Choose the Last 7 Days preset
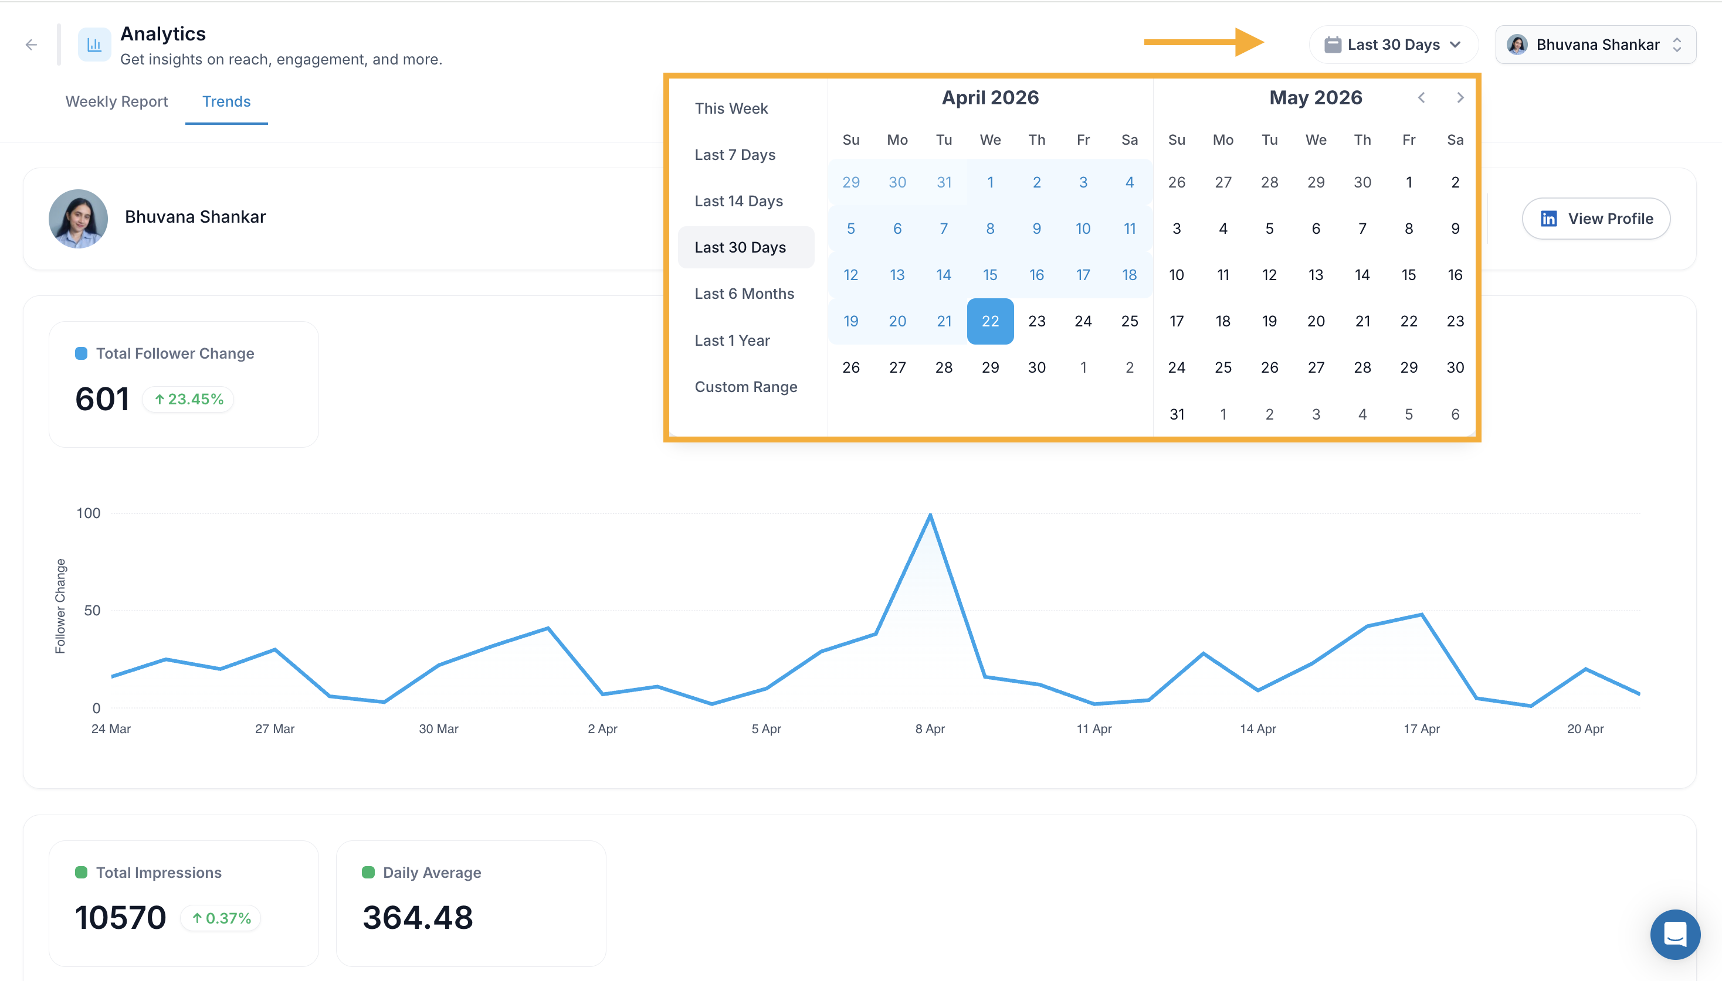click(735, 154)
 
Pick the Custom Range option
click(745, 387)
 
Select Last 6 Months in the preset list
click(744, 294)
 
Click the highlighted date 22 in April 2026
click(990, 321)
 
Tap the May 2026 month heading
click(1316, 98)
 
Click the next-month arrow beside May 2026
click(1460, 98)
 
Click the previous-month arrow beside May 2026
click(1421, 98)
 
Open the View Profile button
click(1596, 219)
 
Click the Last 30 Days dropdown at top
click(1393, 45)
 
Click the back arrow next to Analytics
click(31, 45)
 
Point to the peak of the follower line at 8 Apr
click(930, 514)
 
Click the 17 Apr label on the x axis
click(1421, 728)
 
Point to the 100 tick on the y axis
click(89, 513)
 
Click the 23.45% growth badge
click(188, 399)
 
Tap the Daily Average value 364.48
click(418, 917)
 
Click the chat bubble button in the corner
click(1675, 935)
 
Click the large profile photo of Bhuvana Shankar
click(78, 219)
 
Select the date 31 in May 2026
click(1177, 414)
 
